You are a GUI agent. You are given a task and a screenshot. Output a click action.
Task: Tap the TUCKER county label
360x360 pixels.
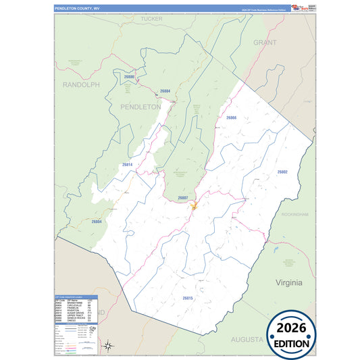pyautogui.click(x=152, y=19)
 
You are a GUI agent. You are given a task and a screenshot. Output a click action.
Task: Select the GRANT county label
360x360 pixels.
pyautogui.click(x=265, y=42)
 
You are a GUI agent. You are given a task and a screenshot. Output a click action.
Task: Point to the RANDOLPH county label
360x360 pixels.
pyautogui.click(x=81, y=85)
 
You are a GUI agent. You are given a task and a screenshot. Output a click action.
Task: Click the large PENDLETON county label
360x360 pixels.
pyautogui.click(x=140, y=107)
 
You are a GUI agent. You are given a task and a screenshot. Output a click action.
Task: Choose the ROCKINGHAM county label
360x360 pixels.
pyautogui.click(x=294, y=214)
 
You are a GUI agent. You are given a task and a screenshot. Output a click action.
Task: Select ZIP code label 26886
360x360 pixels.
pyautogui.click(x=129, y=77)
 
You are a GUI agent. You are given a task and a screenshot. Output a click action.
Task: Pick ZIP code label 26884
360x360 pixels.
pyautogui.click(x=165, y=91)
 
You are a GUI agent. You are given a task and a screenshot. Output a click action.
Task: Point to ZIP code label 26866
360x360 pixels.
pyautogui.click(x=231, y=118)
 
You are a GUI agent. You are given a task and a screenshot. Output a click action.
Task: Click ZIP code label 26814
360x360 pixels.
pyautogui.click(x=127, y=165)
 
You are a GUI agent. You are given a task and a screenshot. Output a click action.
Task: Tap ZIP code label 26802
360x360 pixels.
pyautogui.click(x=282, y=172)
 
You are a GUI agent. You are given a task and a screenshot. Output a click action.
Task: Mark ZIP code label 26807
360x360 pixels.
pyautogui.click(x=182, y=197)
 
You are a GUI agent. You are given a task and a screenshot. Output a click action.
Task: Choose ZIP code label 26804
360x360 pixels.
pyautogui.click(x=97, y=222)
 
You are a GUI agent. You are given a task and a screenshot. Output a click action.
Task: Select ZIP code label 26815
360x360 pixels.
pyautogui.click(x=187, y=298)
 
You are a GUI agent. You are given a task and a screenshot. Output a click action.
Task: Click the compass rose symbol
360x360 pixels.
pyautogui.click(x=108, y=346)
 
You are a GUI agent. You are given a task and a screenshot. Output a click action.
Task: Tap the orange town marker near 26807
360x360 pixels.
pyautogui.click(x=192, y=206)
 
